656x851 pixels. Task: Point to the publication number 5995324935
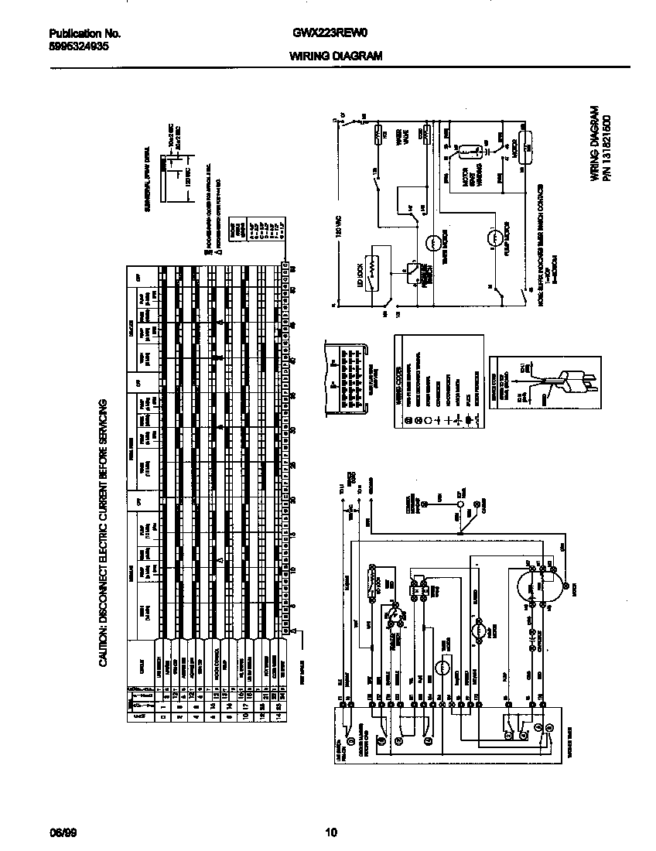(x=79, y=46)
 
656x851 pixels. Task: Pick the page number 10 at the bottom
(x=331, y=833)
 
